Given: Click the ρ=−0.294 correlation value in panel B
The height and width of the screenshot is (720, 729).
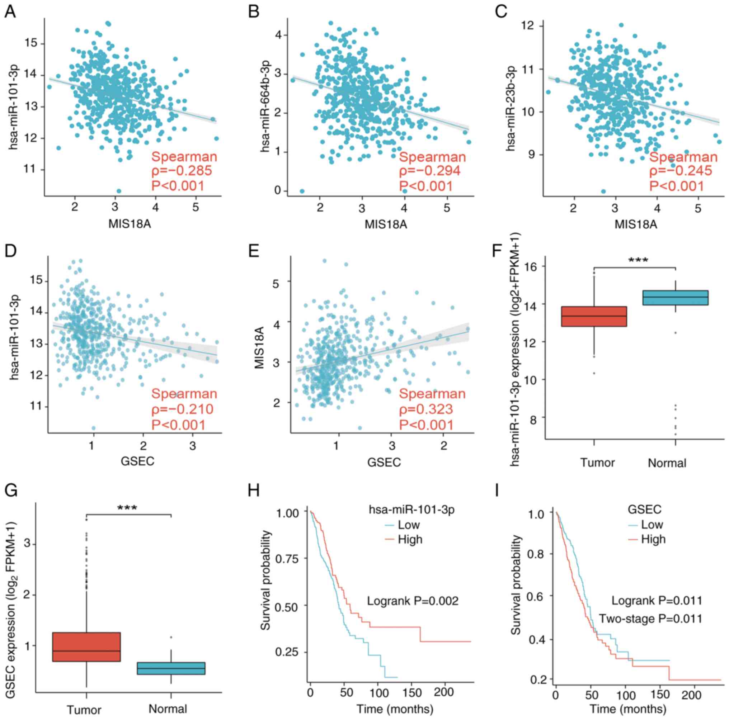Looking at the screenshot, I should coord(430,171).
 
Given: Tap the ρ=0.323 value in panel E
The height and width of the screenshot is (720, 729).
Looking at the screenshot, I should coord(426,409).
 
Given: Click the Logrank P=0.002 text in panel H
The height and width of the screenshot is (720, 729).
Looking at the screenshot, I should coord(413,601).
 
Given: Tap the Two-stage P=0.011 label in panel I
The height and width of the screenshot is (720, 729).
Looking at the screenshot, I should coord(650,619).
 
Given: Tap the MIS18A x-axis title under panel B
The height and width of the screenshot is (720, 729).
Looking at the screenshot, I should coord(386,224).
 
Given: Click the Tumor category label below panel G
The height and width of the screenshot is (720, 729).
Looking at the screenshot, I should coord(84,710).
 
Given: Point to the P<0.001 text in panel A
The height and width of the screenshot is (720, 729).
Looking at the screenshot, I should coord(178,186).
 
